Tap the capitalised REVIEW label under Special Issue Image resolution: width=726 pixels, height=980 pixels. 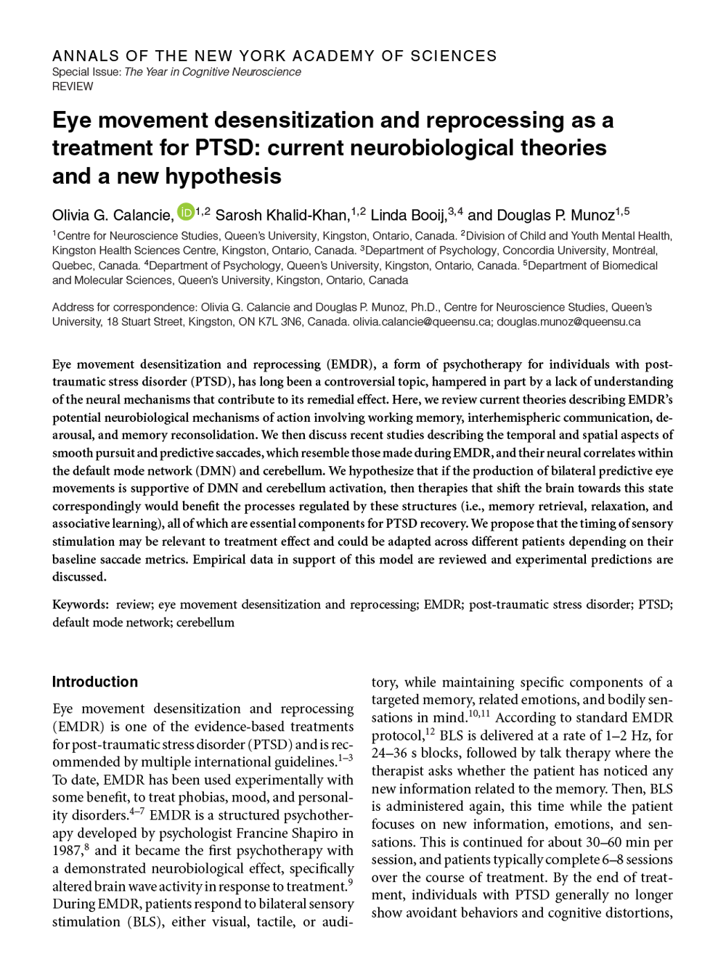tap(73, 86)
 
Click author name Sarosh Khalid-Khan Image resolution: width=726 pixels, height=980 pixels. tap(282, 215)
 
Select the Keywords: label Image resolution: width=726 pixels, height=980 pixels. tap(81, 605)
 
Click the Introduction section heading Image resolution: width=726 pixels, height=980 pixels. tap(94, 682)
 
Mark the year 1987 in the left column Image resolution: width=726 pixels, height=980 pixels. tap(67, 851)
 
